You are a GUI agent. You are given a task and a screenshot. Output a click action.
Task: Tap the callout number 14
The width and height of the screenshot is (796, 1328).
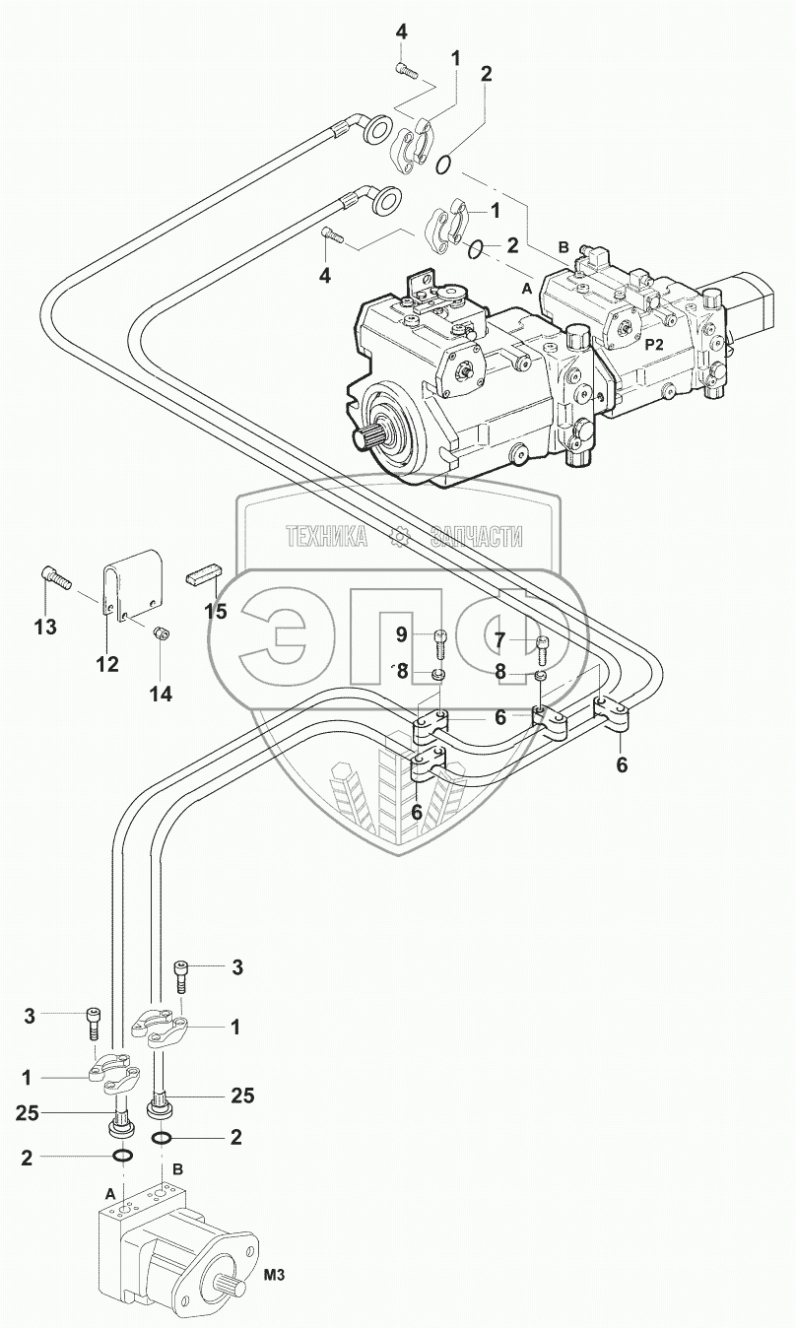point(160,694)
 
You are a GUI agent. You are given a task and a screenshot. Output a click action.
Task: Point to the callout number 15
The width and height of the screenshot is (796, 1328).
point(215,611)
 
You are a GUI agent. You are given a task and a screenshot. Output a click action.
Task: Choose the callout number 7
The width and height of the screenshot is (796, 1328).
point(499,640)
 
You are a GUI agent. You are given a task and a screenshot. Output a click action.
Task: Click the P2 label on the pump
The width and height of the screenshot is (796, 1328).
point(653,345)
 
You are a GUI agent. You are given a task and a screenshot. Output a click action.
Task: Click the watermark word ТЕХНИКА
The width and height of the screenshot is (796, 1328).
point(326,537)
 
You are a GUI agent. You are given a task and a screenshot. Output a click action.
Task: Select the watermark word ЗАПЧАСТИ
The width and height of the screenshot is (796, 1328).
point(477,537)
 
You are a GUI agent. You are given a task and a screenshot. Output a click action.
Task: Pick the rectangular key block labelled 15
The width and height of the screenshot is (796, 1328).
point(205,574)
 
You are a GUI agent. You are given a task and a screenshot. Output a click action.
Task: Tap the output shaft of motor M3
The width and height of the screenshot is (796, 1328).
point(226,1285)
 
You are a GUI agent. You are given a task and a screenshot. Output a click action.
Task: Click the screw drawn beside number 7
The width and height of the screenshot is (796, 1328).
point(540,648)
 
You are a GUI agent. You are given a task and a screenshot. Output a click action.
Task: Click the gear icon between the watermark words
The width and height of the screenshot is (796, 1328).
point(400,537)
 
